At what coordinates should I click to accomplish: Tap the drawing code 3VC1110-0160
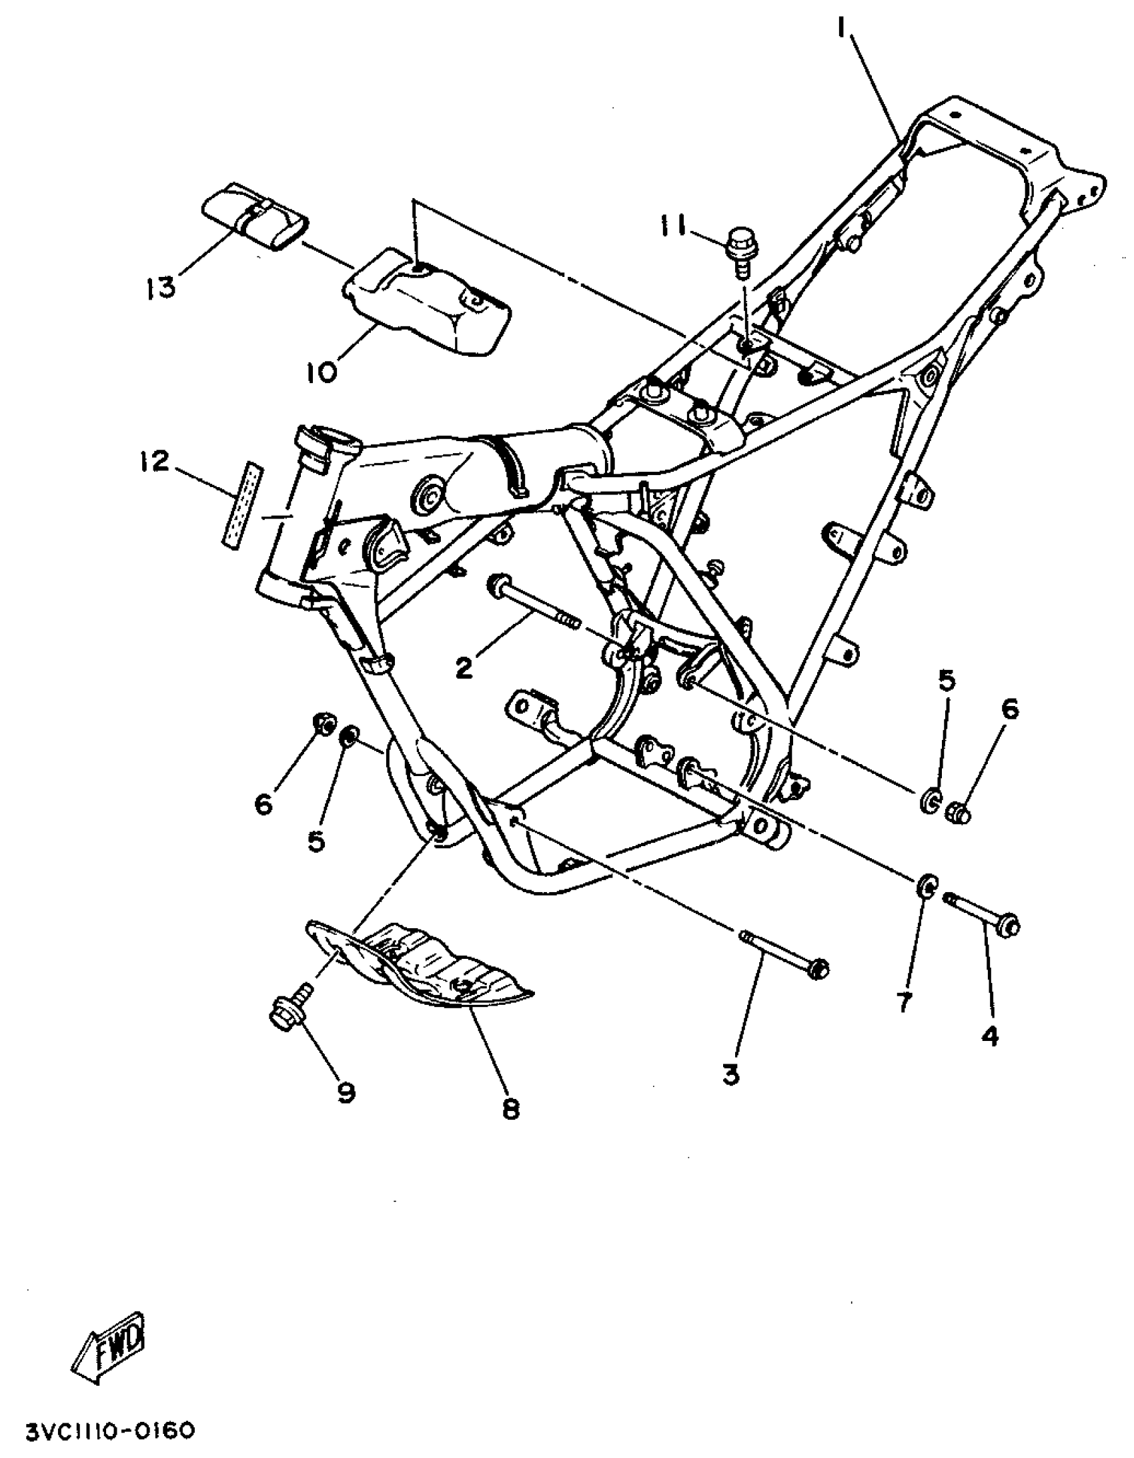[111, 1427]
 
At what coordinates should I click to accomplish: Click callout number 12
[154, 461]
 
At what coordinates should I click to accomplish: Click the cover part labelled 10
[427, 304]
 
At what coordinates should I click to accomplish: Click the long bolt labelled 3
[784, 954]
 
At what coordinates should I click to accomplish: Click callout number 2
[464, 667]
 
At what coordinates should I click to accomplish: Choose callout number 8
[510, 1109]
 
